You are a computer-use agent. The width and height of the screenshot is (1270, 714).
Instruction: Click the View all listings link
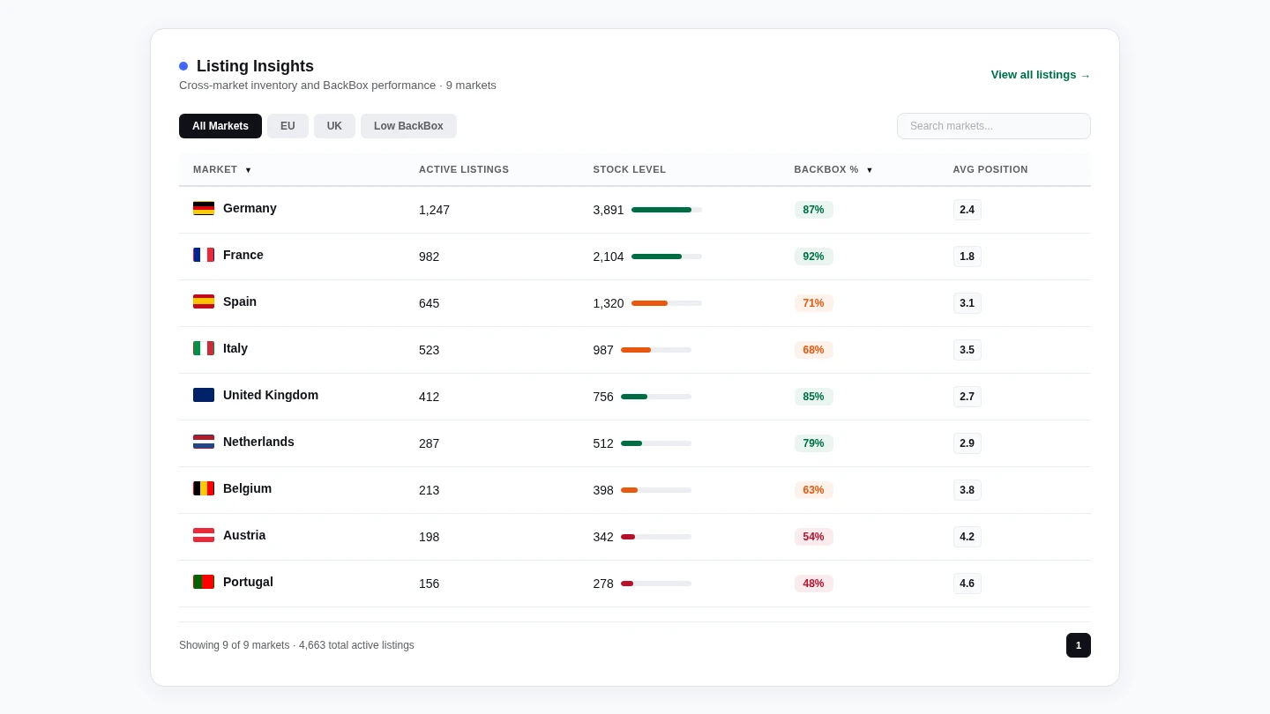tap(1040, 75)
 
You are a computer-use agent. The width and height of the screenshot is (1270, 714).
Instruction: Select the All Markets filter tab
tap(220, 126)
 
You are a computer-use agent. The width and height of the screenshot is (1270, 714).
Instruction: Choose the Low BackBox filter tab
tap(408, 126)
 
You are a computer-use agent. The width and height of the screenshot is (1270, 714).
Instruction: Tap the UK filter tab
tap(334, 126)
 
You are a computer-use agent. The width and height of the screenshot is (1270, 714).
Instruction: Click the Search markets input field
tap(993, 126)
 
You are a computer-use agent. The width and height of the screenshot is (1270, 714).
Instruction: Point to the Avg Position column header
tap(990, 169)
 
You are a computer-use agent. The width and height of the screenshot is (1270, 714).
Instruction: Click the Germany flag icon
tap(204, 208)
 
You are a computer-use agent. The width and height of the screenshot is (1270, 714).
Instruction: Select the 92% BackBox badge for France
tap(813, 257)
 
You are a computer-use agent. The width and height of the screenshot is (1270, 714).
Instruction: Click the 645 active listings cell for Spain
tap(429, 303)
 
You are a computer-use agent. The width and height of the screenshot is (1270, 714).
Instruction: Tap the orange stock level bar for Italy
tap(636, 350)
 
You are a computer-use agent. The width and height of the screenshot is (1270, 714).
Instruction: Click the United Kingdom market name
tap(270, 395)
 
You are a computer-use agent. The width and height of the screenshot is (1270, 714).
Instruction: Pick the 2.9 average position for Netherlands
tap(967, 443)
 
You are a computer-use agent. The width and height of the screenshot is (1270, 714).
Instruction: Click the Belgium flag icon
tap(204, 488)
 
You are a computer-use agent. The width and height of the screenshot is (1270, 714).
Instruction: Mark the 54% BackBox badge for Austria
tap(813, 537)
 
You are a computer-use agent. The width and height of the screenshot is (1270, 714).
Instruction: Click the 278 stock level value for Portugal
tap(603, 584)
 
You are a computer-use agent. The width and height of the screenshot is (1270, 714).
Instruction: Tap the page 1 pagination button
tap(1078, 645)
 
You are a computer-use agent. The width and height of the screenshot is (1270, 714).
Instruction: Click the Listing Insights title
tap(255, 66)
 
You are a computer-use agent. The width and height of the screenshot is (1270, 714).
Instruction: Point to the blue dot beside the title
tap(183, 66)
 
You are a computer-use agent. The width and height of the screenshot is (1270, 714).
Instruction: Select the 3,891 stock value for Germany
tap(608, 210)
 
